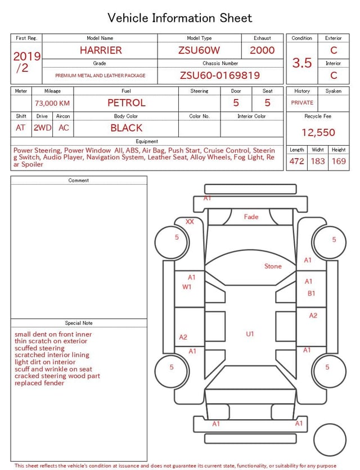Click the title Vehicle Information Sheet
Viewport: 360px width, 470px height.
point(180,18)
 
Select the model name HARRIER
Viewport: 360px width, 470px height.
point(101,50)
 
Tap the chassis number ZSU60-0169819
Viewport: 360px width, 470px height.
point(220,75)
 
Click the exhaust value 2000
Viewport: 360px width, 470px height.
point(262,50)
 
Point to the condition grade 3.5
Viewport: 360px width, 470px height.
point(302,63)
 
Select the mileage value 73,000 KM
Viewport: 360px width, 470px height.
point(52,103)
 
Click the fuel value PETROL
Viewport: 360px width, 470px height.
point(127,103)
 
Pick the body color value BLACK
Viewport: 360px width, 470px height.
point(127,128)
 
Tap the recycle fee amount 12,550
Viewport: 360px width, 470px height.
point(318,132)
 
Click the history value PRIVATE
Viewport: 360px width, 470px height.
point(302,103)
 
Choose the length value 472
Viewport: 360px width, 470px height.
point(296,161)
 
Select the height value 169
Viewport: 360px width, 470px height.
point(339,161)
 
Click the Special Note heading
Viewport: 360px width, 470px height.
point(79,323)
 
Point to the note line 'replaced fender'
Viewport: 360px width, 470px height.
point(39,383)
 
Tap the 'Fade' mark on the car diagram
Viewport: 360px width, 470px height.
point(251,217)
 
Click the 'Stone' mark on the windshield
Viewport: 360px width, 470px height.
point(273,266)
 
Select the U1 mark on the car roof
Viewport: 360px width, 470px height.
point(250,334)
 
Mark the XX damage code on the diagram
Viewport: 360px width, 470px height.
point(190,222)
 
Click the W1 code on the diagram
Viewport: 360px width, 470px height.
point(187,287)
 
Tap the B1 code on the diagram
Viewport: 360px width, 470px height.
point(311,293)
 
